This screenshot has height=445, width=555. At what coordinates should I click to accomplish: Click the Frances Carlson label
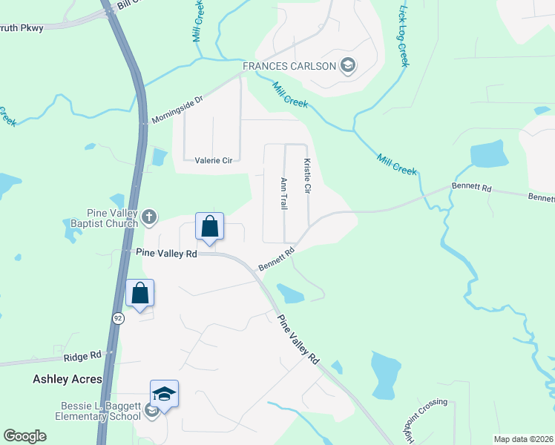tap(289, 67)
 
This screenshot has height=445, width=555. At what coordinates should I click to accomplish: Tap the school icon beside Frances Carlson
tap(347, 67)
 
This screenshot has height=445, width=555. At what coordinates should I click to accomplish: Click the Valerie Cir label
tap(214, 159)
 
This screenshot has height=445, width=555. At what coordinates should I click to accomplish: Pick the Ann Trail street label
tap(283, 193)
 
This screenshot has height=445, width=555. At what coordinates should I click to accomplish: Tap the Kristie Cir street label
tap(306, 177)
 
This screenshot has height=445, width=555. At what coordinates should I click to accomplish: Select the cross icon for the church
tap(150, 217)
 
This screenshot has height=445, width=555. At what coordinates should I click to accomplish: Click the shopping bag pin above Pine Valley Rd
tap(209, 226)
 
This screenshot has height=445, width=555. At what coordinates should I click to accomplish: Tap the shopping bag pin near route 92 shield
tap(139, 294)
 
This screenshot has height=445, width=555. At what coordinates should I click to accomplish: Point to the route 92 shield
tap(119, 317)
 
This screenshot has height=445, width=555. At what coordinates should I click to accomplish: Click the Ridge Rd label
tap(82, 357)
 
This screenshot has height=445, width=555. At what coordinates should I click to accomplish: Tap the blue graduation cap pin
tap(164, 394)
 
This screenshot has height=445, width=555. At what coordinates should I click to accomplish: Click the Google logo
tap(24, 436)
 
